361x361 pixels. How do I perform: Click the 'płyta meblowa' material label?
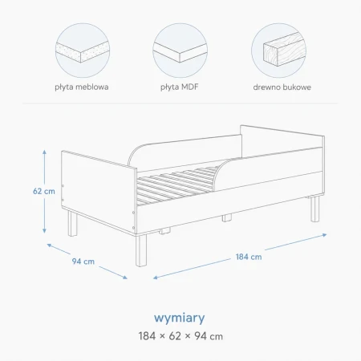(x=82, y=87)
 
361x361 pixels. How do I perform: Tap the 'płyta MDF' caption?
(x=180, y=87)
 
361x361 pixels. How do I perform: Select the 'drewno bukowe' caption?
(x=282, y=87)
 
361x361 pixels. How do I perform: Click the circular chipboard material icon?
(x=83, y=51)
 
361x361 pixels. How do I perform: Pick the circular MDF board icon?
(x=180, y=51)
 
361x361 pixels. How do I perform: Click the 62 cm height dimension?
(x=44, y=191)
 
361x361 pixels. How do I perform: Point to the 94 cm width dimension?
(x=83, y=262)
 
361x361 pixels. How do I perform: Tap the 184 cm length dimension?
(x=249, y=257)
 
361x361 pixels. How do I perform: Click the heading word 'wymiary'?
(x=180, y=318)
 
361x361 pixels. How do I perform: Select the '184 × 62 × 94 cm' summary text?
(x=180, y=336)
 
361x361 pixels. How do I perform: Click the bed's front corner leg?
(x=141, y=250)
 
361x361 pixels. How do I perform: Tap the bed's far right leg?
(x=315, y=209)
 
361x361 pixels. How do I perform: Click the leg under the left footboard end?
(x=72, y=223)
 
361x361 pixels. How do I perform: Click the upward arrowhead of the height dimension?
(x=44, y=152)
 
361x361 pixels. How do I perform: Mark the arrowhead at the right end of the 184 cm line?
(x=324, y=235)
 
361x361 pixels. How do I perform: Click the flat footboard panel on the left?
(x=99, y=192)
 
